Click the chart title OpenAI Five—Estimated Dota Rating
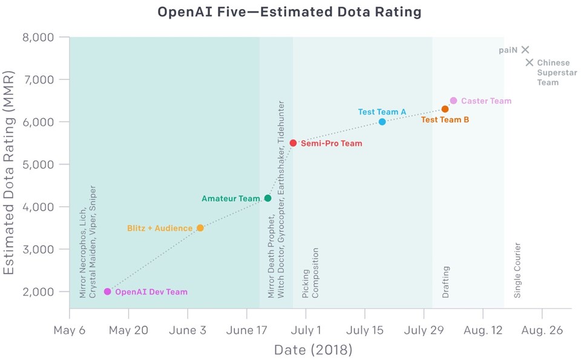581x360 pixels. point(289,12)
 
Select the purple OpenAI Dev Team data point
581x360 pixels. point(108,292)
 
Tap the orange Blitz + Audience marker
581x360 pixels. point(200,228)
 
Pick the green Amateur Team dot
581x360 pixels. point(268,198)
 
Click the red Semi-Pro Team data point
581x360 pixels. point(293,143)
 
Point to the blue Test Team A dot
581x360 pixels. point(382,122)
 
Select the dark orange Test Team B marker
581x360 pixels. point(445,109)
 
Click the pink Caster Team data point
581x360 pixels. point(453,100)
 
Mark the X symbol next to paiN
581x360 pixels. point(525,50)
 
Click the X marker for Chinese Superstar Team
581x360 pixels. point(530,62)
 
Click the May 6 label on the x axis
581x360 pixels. point(69,330)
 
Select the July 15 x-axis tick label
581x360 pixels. point(364,330)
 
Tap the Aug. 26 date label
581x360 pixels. point(542,330)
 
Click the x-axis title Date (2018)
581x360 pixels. point(313,350)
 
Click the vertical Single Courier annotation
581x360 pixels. point(517,270)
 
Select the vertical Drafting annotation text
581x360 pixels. point(446,282)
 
